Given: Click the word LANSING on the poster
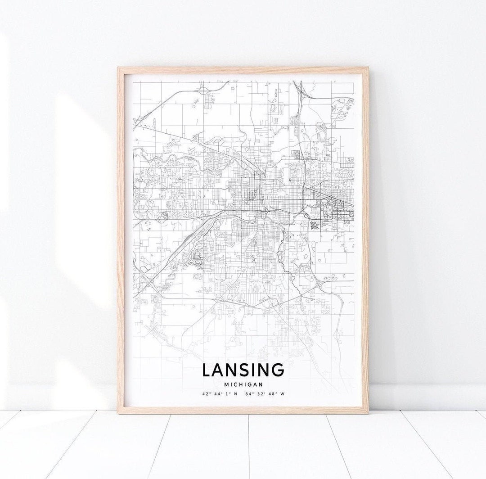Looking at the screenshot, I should coord(243,370).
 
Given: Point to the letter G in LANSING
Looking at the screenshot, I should coord(278,370).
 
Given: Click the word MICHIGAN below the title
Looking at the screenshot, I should coord(243,384).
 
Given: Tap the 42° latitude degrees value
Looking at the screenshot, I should coord(206,394).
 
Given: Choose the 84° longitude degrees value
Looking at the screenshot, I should coord(249,394).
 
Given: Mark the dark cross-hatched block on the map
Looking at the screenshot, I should coord(314,224).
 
